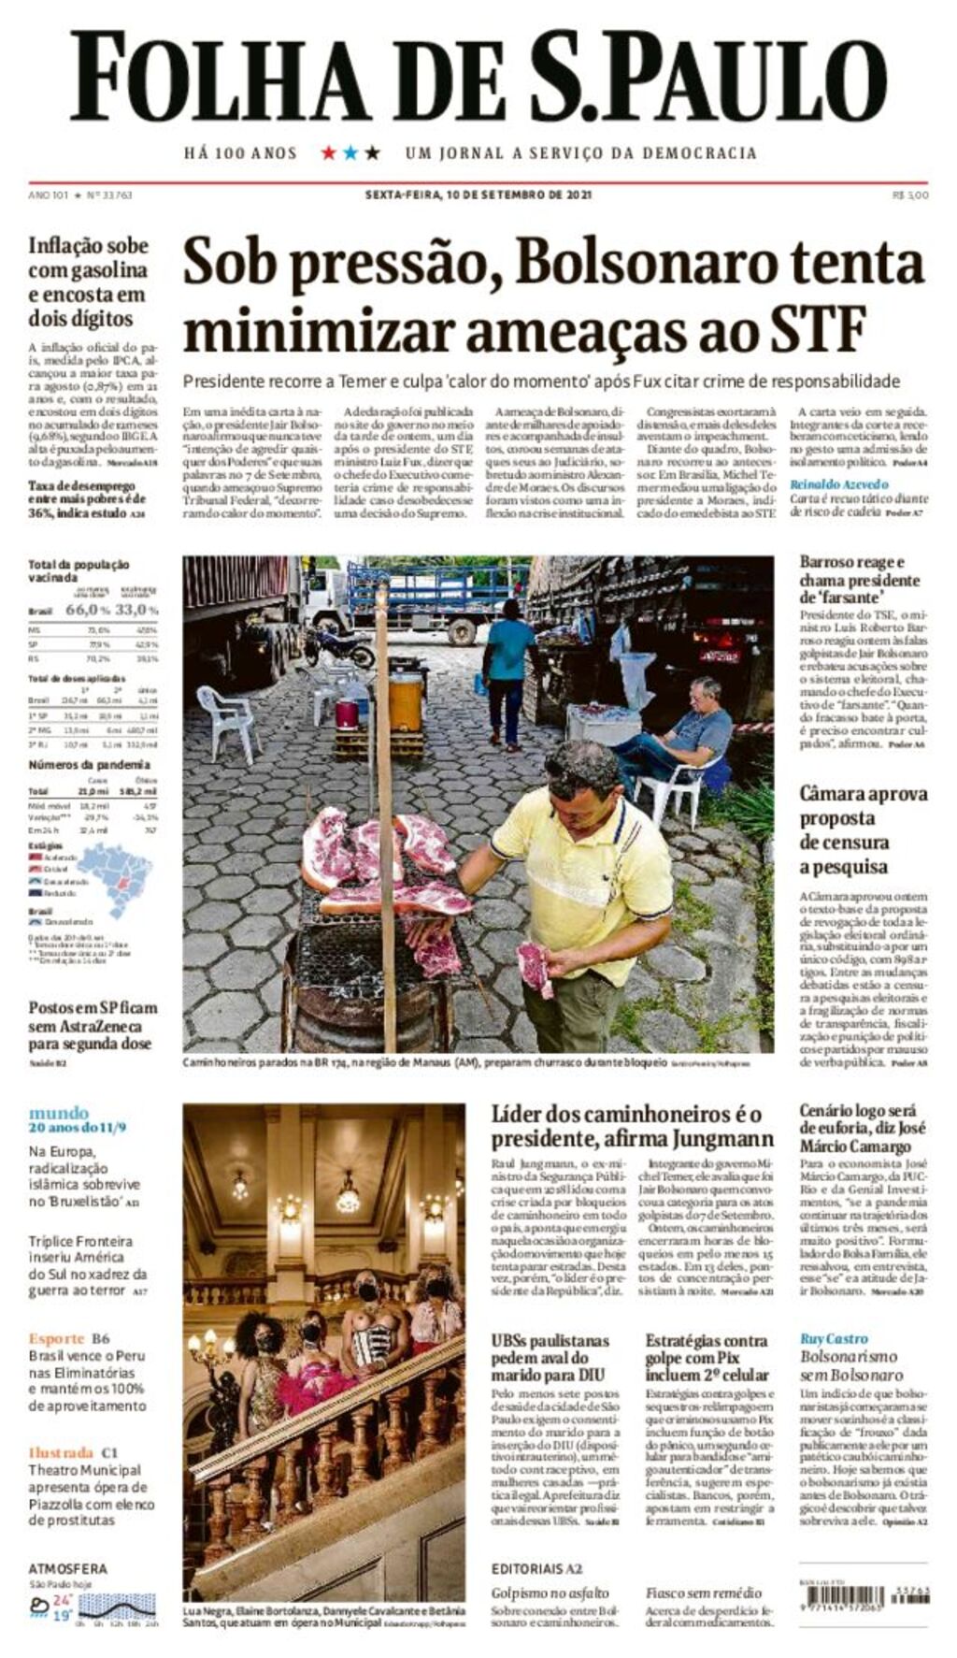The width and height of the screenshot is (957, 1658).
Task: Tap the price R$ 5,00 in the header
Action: tap(910, 195)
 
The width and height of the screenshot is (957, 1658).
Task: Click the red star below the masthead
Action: tap(328, 152)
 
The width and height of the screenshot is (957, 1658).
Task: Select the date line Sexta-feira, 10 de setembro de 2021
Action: tap(478, 195)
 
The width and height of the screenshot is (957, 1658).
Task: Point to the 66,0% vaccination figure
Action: tap(87, 610)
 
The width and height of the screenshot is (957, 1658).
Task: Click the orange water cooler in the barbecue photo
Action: tap(406, 703)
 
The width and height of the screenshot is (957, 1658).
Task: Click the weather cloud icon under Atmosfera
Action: tap(39, 1606)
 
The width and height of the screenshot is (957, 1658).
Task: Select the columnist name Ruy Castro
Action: tap(834, 1339)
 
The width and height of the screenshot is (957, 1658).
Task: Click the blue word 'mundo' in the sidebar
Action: tap(58, 1113)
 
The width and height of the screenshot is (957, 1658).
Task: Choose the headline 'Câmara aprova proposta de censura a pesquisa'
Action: tap(863, 829)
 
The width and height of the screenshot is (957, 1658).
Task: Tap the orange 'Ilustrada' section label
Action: tap(61, 1452)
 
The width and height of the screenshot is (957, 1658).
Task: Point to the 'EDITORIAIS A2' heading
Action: tap(536, 1568)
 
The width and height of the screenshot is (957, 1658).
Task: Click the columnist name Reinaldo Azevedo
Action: tap(838, 484)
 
